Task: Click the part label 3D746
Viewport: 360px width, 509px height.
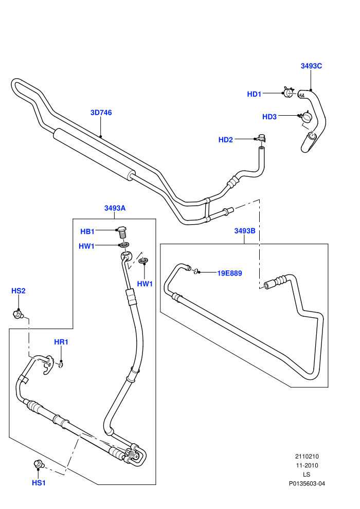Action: pyautogui.click(x=101, y=113)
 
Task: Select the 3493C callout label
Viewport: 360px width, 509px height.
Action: pyautogui.click(x=311, y=66)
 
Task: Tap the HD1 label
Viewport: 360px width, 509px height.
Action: pyautogui.click(x=254, y=94)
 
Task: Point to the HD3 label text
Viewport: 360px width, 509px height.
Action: pyautogui.click(x=269, y=117)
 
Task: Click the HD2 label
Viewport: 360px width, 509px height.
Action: pyautogui.click(x=226, y=140)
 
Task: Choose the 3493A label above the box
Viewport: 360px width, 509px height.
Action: pyautogui.click(x=115, y=208)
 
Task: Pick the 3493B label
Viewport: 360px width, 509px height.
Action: pyautogui.click(x=245, y=231)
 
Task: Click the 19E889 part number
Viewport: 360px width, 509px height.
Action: pyautogui.click(x=229, y=274)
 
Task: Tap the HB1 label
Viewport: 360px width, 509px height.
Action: pyautogui.click(x=87, y=231)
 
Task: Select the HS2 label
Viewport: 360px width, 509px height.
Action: pyautogui.click(x=18, y=291)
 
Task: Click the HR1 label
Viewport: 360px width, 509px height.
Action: pyautogui.click(x=61, y=342)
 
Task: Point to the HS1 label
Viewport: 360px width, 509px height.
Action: pyautogui.click(x=39, y=483)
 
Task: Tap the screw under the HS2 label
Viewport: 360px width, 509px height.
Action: pyautogui.click(x=18, y=314)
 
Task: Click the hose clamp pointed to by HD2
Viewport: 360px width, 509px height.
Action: pyautogui.click(x=261, y=138)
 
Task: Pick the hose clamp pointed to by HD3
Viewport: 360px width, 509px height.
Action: pyautogui.click(x=306, y=117)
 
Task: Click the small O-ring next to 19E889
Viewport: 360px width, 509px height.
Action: pyautogui.click(x=195, y=271)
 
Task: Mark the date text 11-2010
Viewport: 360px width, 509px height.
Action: pyautogui.click(x=307, y=465)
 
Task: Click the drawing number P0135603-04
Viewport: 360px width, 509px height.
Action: pyautogui.click(x=307, y=484)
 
